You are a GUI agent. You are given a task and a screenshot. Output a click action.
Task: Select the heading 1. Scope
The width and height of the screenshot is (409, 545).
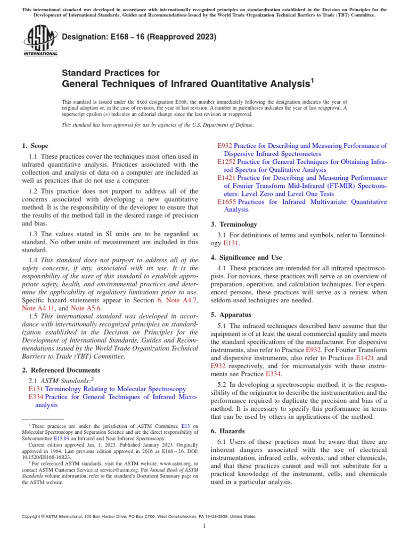35,146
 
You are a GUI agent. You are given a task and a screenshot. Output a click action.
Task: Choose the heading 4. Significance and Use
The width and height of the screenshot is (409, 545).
246,258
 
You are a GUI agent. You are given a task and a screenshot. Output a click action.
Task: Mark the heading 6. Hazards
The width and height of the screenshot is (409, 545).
230,431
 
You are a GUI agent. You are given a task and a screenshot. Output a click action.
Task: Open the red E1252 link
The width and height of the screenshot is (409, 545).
226,161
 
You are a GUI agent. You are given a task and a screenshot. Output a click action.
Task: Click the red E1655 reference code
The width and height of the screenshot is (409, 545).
226,202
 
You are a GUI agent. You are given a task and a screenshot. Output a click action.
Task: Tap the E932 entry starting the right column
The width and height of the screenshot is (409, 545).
225,145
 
